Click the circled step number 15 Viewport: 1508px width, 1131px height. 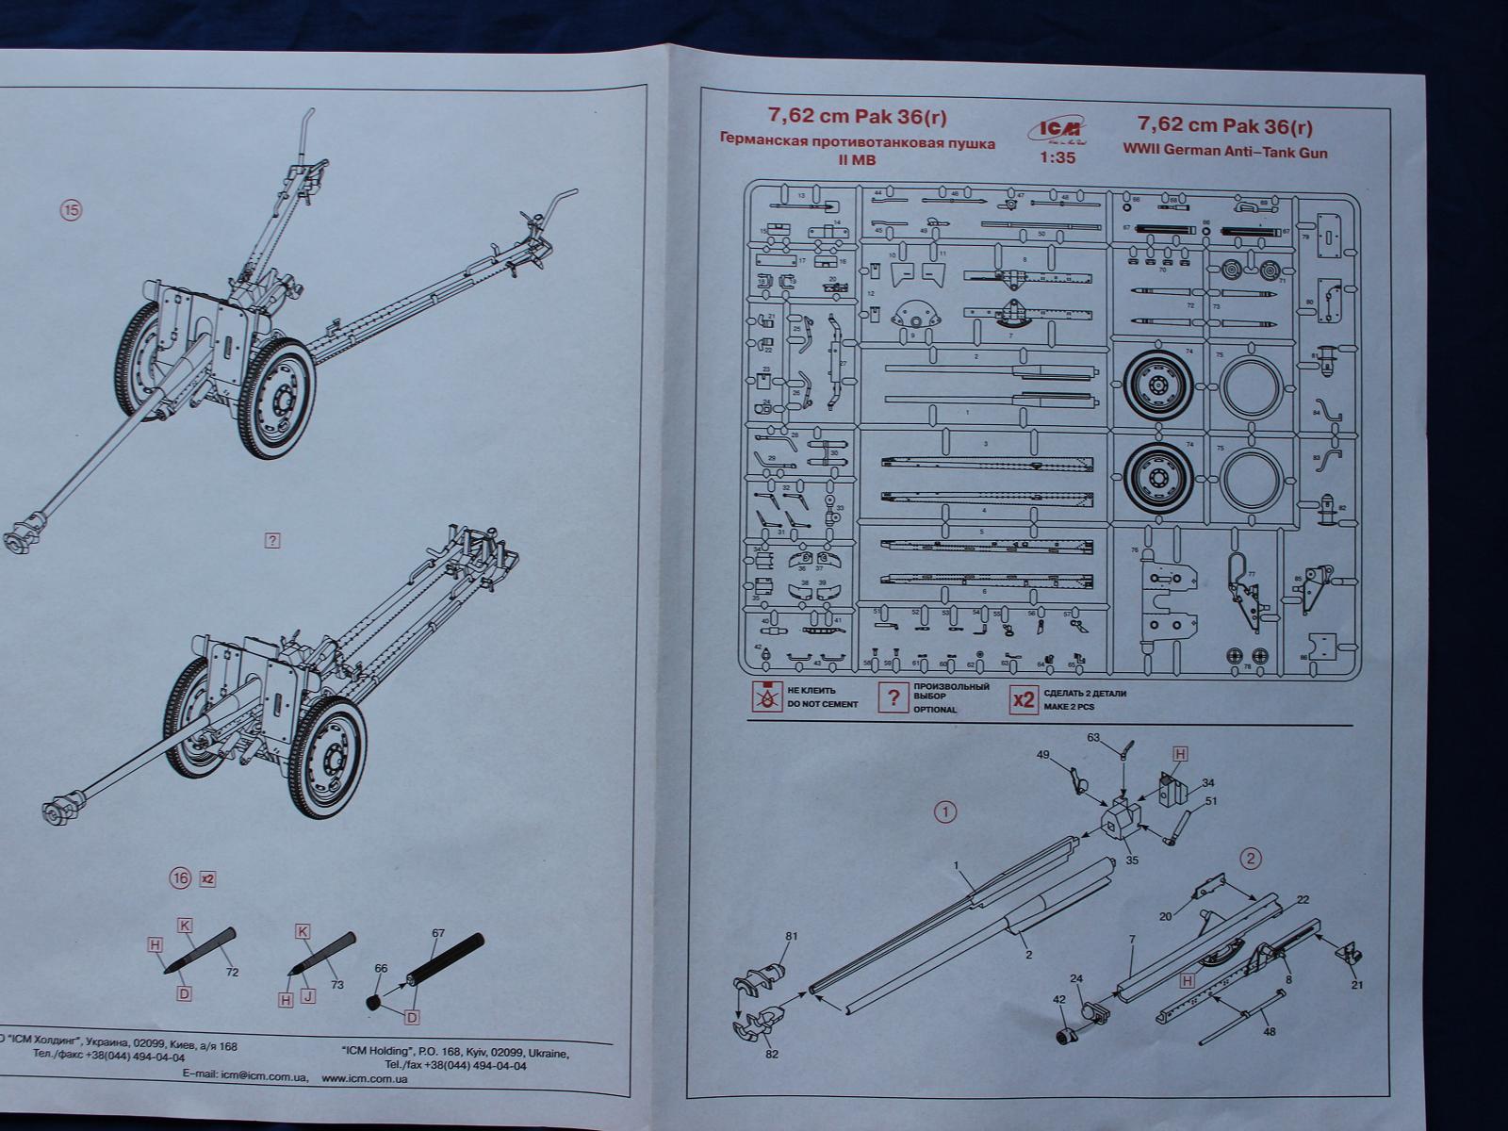pos(71,210)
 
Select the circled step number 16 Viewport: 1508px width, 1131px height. pos(180,878)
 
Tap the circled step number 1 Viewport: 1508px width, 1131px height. pos(944,811)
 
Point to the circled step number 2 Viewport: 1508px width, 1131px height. pos(1251,859)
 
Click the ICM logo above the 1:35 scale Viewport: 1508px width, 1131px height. pos(1057,131)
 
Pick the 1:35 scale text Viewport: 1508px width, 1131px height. pos(1057,158)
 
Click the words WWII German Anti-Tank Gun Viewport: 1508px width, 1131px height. pos(1225,151)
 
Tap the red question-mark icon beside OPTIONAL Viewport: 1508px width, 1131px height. pos(892,698)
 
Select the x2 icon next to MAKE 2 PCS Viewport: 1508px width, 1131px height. pos(1024,699)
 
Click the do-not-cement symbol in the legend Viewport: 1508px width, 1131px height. pos(767,697)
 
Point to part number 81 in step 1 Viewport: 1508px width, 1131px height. pos(792,936)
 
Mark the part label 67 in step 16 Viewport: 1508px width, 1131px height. pos(438,934)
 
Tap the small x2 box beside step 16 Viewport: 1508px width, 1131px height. pos(208,878)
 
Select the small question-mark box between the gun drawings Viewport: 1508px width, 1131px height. pos(272,540)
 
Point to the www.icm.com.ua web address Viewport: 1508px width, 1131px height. pos(365,1078)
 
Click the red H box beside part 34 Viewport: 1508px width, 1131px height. pos(1179,753)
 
